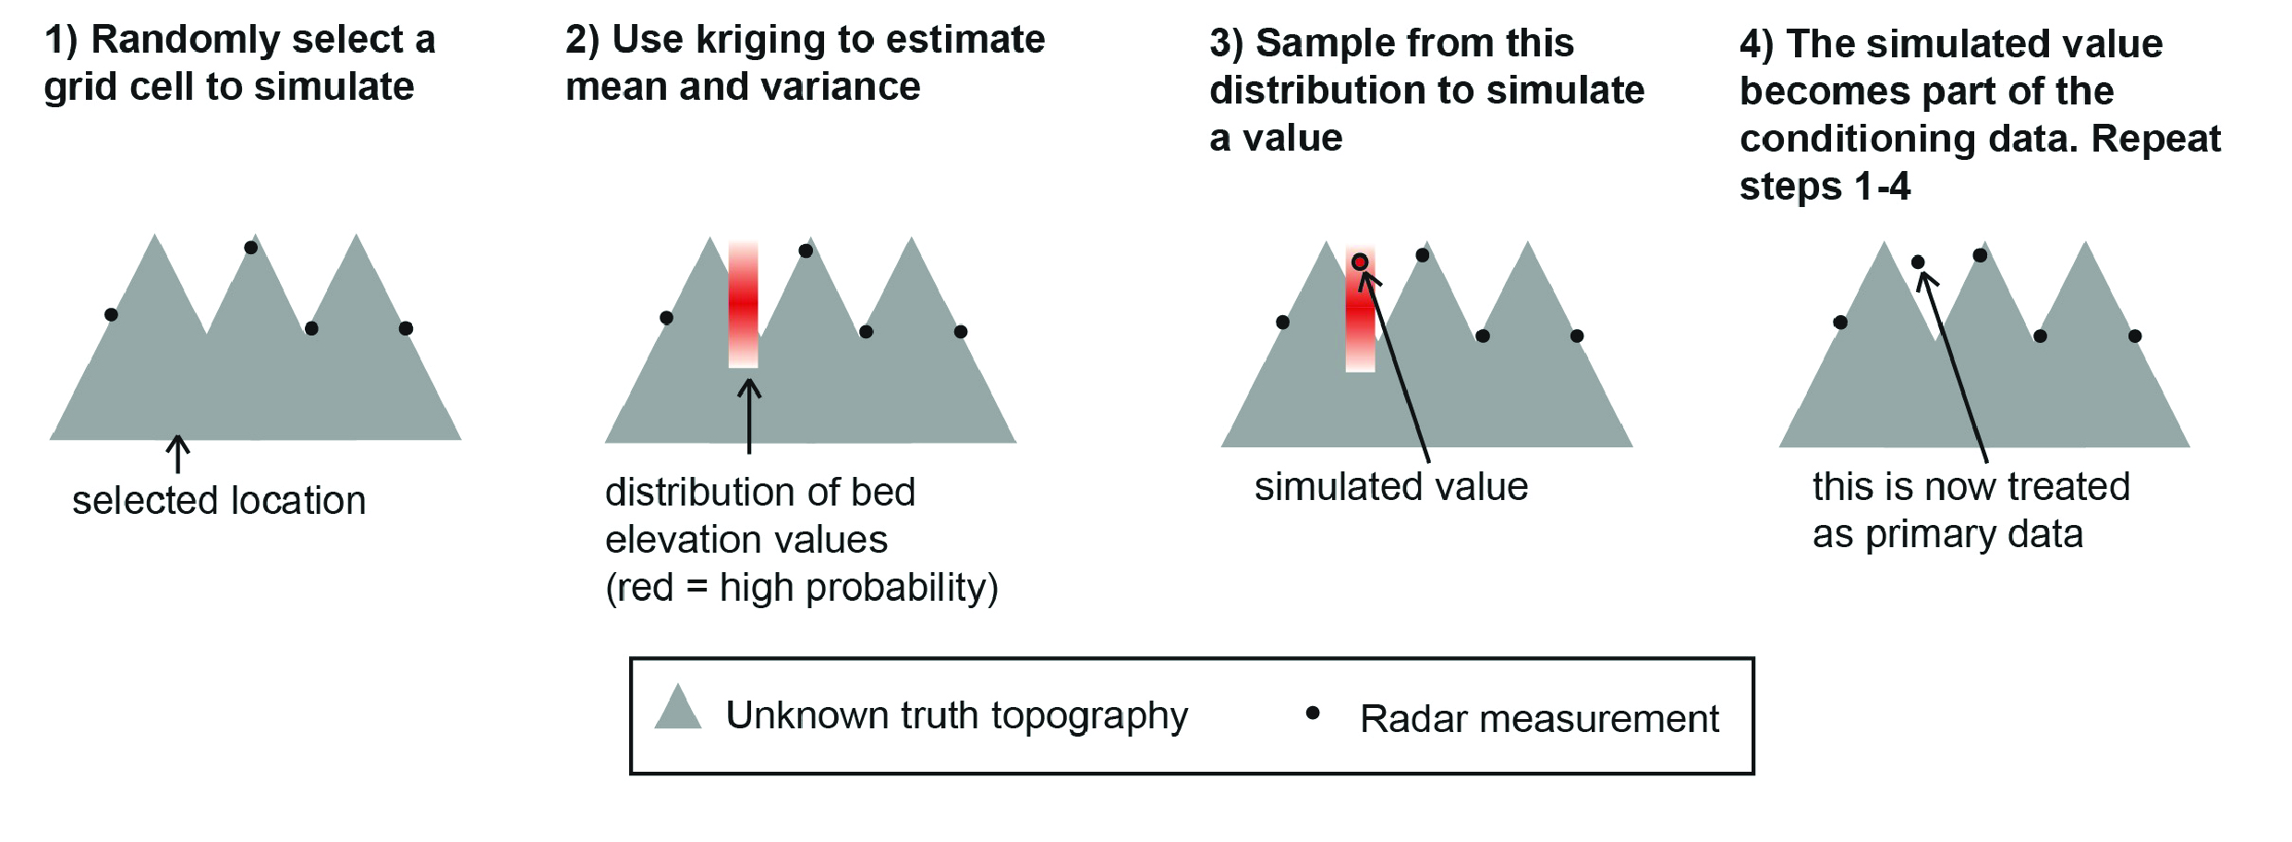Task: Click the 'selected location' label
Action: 219,501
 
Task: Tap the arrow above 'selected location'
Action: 177,454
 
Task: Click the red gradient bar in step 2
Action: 743,305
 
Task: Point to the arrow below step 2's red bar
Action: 749,416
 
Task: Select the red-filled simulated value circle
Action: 1360,262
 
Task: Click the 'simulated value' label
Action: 1390,487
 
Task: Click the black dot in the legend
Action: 1312,713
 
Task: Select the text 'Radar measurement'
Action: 1539,719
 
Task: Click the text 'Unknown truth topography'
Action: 956,716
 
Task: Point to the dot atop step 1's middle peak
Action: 251,248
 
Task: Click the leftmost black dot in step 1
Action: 111,315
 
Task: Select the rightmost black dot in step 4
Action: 2135,336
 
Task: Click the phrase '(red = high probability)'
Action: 801,588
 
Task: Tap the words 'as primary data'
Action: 1947,535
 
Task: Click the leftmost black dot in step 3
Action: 1282,323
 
